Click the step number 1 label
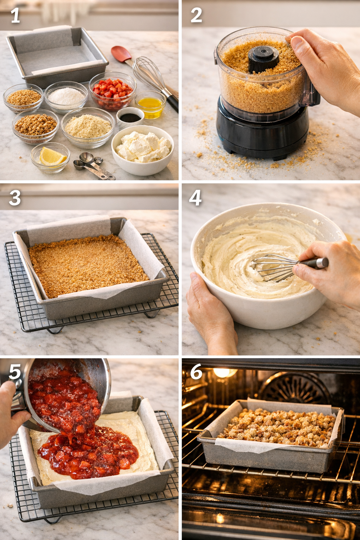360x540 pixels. coord(15,16)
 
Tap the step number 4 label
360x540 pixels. coord(195,198)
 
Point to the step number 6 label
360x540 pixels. coord(196,372)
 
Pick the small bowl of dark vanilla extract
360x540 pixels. coord(130,117)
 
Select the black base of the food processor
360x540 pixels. coord(262,134)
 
